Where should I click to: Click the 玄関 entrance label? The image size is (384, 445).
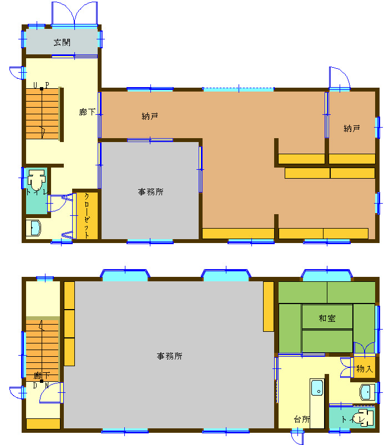click(62, 43)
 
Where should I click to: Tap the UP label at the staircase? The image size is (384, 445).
click(41, 85)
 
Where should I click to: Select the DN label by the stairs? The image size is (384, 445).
click(41, 386)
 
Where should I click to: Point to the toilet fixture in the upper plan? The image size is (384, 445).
click(36, 180)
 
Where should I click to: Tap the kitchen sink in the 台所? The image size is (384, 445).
click(317, 388)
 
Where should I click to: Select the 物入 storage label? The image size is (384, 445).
click(364, 369)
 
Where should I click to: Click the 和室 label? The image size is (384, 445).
click(327, 318)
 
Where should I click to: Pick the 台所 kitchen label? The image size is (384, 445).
click(302, 419)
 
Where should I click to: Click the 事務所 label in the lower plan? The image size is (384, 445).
click(169, 356)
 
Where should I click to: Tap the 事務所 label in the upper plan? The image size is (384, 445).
click(151, 192)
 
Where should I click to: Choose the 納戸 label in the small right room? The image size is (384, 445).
click(352, 129)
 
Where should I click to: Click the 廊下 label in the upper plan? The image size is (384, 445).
click(87, 112)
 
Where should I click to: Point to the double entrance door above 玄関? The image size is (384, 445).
click(74, 14)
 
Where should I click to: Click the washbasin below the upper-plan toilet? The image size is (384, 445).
click(34, 228)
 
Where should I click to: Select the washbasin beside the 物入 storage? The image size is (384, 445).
click(367, 392)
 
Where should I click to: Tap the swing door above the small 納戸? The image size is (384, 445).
click(340, 78)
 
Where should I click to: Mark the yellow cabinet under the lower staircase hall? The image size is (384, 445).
click(43, 424)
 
